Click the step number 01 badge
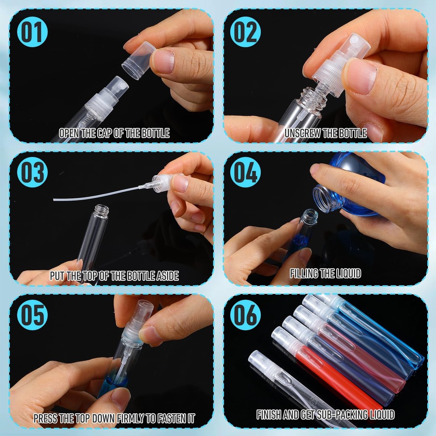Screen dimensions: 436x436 [x=32, y=32]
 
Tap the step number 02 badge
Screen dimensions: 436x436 [x=245, y=32]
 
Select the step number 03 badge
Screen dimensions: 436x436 [x=32, y=172]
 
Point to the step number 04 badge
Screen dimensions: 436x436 [x=245, y=172]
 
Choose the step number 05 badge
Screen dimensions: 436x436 [x=32, y=315]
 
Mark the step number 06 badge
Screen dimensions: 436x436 [x=245, y=315]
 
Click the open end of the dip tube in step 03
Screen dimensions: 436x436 [x=54, y=199]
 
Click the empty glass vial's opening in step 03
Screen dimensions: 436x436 [x=101, y=208]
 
